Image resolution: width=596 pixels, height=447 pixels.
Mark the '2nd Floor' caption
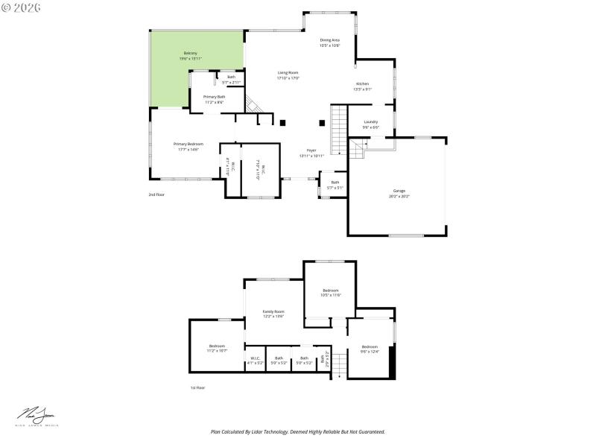[156, 194]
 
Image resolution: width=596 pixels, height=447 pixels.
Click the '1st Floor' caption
[197, 387]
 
